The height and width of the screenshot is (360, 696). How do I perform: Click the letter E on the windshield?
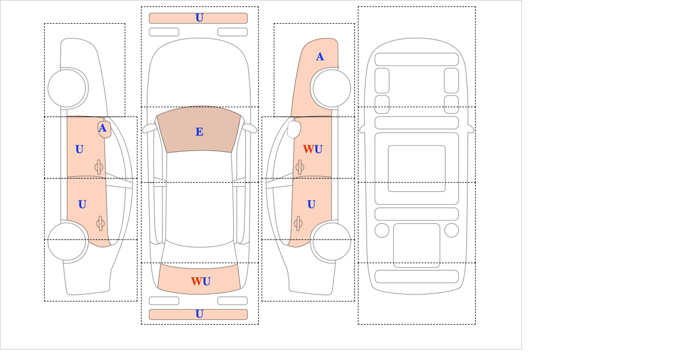tap(200, 132)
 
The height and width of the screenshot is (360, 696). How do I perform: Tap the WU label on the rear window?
tap(201, 281)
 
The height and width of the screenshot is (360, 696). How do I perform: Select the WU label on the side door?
tap(313, 149)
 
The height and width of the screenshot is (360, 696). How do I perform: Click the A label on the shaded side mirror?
tap(103, 128)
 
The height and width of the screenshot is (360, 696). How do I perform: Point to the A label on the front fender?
tap(320, 57)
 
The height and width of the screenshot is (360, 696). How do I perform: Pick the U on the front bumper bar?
tap(200, 18)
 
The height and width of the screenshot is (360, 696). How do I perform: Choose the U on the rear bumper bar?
tap(200, 314)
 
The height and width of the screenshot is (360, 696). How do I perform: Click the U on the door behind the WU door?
tap(311, 205)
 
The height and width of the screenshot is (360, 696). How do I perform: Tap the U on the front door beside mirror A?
tap(79, 150)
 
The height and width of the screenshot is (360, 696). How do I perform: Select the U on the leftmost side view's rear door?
tap(82, 205)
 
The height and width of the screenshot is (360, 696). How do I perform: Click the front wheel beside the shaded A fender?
tap(332, 89)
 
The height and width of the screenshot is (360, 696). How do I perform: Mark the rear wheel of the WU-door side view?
tap(332, 242)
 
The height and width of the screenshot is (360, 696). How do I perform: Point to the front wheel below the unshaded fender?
tap(67, 89)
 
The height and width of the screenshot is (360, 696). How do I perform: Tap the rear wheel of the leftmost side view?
tap(67, 242)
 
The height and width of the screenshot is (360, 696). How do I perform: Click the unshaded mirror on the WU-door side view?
tap(294, 129)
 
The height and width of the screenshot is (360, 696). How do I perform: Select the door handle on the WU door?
tap(300, 167)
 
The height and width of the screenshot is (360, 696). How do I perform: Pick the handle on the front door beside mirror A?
tap(99, 167)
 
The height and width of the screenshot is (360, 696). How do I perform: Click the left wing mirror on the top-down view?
tap(150, 128)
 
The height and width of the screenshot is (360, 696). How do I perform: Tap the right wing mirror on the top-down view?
tap(249, 128)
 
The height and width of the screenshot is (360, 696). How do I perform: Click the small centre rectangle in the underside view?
tap(416, 168)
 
